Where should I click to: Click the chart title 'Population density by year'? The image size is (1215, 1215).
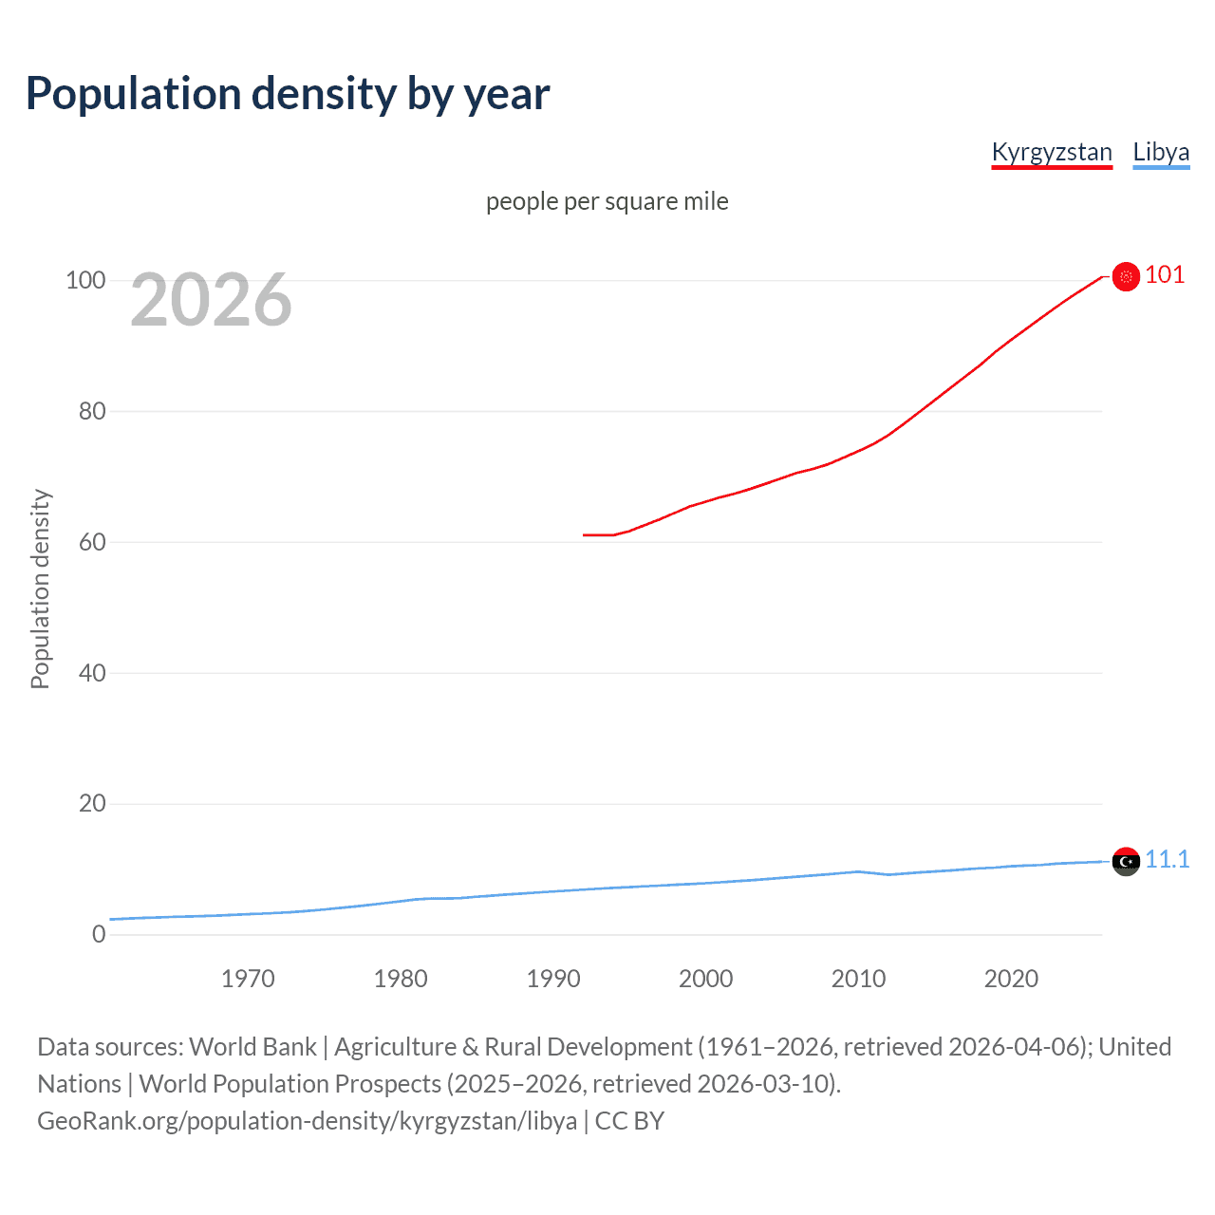pos(288,94)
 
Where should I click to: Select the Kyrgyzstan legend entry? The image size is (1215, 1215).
pos(1051,152)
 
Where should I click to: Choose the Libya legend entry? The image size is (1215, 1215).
pos(1161,152)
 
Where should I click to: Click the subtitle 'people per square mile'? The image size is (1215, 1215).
pos(607,201)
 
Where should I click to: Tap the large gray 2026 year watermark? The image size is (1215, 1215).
pos(211,300)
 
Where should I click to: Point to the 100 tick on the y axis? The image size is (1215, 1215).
pos(85,280)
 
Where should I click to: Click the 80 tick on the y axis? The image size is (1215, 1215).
pos(92,411)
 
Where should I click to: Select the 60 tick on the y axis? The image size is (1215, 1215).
pos(92,542)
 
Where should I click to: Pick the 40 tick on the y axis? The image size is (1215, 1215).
pos(92,673)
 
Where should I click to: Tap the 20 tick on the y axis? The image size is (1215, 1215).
pos(92,804)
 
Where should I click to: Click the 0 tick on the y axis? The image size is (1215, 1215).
pos(99,934)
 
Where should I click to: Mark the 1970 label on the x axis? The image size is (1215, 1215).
pos(248,979)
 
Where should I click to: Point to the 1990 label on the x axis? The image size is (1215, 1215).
pos(553,979)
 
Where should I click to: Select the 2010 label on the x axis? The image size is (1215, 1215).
pos(858,979)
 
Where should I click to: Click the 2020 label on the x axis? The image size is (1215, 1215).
pos(1011,979)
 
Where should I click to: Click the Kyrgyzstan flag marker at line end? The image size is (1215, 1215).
pos(1126,276)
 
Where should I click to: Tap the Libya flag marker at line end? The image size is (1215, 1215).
pos(1126,861)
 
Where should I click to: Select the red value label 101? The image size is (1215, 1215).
pos(1165,275)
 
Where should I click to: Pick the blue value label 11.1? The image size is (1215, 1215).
pos(1167,859)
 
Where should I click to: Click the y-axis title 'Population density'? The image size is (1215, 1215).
pos(40,589)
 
